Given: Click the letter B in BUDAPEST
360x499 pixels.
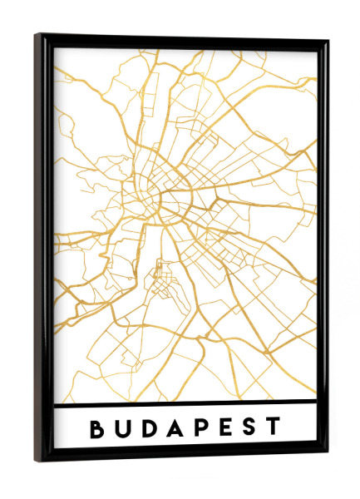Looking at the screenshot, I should click(97, 428).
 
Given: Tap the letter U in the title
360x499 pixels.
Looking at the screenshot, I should click(123, 428).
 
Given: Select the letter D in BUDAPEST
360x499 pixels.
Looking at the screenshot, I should click(150, 428).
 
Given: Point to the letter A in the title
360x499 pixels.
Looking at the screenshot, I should click(177, 428).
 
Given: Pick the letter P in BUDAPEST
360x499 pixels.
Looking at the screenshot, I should click(203, 428).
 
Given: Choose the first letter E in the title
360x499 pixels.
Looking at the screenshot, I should click(227, 428).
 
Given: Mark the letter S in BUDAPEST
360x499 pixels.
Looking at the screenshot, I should click(250, 428).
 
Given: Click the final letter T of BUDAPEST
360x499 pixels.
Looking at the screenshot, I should click(274, 428).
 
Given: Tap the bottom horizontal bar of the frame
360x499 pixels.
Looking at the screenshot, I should click(183, 457).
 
